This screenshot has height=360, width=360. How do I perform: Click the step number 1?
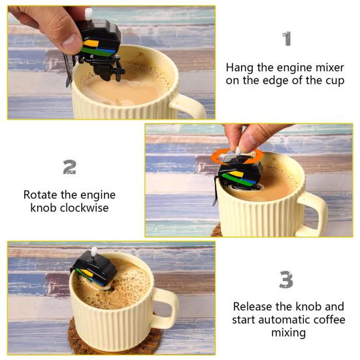(x=287, y=39)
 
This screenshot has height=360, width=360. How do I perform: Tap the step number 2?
(x=69, y=167)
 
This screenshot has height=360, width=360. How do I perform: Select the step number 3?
(x=286, y=280)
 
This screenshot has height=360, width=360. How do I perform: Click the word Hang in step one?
(x=240, y=68)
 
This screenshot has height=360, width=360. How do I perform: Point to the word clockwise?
(x=84, y=208)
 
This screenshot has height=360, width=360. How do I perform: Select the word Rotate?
(x=41, y=195)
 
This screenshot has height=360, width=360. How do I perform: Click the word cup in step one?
(x=335, y=81)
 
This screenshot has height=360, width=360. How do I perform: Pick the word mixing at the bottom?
(x=288, y=333)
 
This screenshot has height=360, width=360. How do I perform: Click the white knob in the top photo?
(x=88, y=14)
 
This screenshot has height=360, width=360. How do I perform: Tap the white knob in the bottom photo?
(x=94, y=252)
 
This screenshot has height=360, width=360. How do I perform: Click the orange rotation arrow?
(x=237, y=155)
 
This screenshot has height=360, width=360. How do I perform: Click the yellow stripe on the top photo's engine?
(x=90, y=43)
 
